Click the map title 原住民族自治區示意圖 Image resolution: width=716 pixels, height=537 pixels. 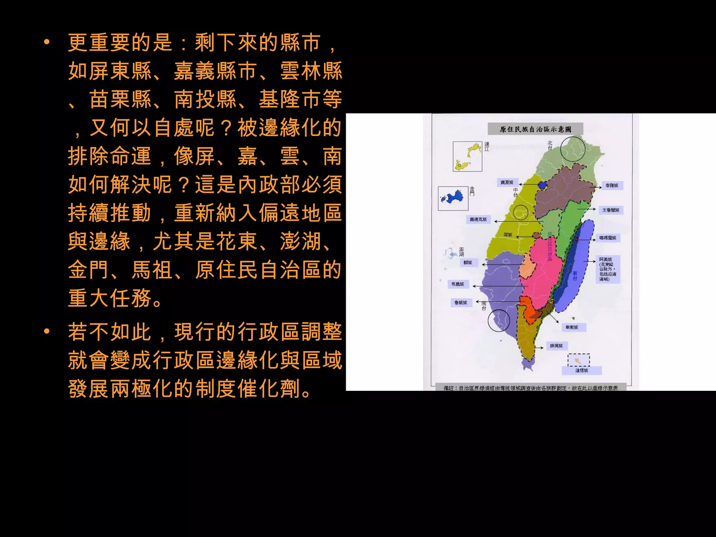[x=535, y=129]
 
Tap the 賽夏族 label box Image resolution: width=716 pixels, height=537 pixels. [x=507, y=182]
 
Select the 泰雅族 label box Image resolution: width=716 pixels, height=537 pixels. [x=612, y=186]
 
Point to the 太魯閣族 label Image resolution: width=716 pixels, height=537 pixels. [x=611, y=210]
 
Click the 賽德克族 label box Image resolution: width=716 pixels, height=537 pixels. [x=478, y=220]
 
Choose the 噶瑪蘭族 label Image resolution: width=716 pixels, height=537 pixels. [x=608, y=238]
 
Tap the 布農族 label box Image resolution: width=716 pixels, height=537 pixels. [x=458, y=284]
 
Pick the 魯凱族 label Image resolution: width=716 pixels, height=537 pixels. [x=461, y=303]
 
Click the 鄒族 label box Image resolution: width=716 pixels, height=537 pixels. [x=468, y=263]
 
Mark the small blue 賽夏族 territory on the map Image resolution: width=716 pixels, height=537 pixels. [x=542, y=185]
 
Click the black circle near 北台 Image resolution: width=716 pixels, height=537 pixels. [x=573, y=149]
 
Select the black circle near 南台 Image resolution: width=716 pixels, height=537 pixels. [x=499, y=320]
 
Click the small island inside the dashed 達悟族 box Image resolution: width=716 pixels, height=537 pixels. [x=579, y=359]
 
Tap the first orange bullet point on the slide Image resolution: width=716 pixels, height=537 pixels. [x=47, y=43]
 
